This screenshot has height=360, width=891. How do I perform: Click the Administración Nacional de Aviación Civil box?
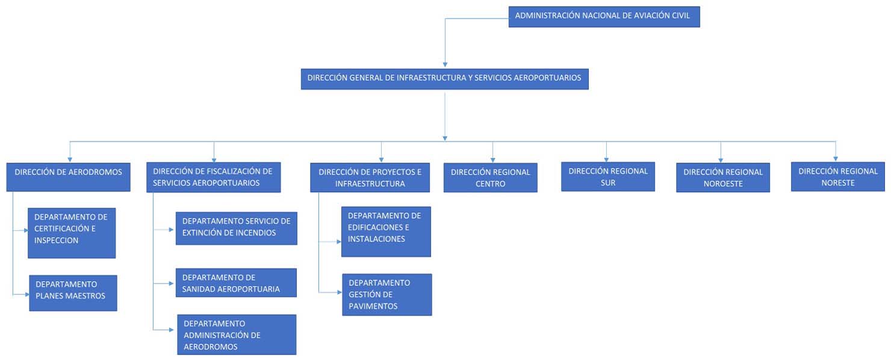click(x=604, y=16)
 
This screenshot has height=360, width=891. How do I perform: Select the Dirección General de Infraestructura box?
click(x=444, y=78)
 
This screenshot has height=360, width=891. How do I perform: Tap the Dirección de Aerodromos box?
click(x=68, y=176)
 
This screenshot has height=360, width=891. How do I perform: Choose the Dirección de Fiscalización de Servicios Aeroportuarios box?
click(x=213, y=178)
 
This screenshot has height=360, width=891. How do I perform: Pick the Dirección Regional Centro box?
click(x=490, y=178)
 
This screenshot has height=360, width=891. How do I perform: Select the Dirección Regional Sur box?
click(x=607, y=176)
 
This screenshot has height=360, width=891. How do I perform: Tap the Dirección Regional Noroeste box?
click(x=722, y=178)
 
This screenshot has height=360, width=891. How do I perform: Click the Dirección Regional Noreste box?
click(x=837, y=176)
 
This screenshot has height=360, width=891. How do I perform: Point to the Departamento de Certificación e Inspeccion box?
click(x=72, y=233)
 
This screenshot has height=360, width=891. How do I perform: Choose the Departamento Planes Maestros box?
click(x=73, y=293)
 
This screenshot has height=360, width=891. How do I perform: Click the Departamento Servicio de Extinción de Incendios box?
click(x=236, y=228)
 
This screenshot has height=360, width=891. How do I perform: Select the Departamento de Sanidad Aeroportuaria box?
click(x=236, y=283)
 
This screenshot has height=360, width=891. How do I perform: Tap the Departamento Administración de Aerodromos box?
click(x=237, y=335)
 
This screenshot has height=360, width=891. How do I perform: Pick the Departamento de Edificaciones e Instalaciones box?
click(x=386, y=232)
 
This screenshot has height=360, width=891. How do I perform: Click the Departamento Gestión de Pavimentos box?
click(x=387, y=294)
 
